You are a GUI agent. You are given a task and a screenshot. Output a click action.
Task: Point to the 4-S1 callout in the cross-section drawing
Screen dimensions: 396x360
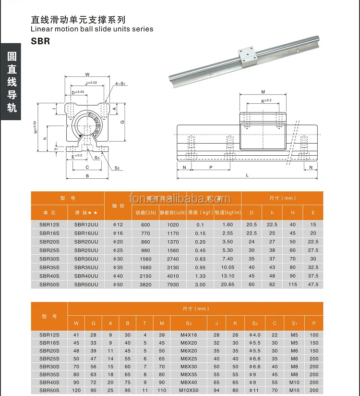120,84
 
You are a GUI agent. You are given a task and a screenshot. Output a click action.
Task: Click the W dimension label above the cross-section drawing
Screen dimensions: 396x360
87,74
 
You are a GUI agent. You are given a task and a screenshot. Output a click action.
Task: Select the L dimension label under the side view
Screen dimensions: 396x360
247,175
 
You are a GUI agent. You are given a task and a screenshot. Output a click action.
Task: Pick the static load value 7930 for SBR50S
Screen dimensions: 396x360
173,285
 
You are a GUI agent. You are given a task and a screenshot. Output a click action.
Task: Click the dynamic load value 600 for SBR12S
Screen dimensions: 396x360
146,225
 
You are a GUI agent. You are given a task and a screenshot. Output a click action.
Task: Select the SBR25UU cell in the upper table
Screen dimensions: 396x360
86,250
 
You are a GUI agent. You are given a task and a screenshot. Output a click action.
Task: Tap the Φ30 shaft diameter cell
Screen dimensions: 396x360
118,259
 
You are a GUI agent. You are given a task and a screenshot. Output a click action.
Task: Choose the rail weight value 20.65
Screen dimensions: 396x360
228,285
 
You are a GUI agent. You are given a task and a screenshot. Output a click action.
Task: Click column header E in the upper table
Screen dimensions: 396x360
313,212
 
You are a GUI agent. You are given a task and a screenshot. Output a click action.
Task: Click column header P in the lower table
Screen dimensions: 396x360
314,323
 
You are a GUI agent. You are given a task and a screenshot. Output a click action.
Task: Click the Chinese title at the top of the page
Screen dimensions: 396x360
78,20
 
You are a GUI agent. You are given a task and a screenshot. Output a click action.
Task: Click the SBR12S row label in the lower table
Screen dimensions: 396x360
49,334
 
